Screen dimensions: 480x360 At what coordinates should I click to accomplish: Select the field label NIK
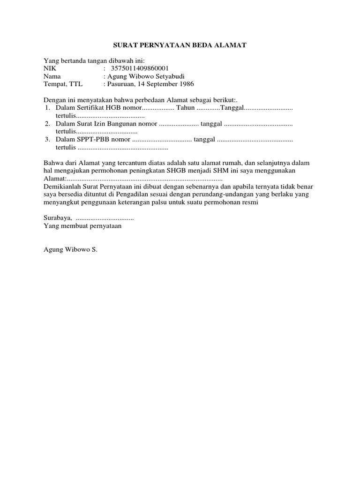pyautogui.click(x=49, y=68)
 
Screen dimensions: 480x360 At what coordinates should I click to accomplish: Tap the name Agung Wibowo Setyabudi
pyautogui.click(x=141, y=76)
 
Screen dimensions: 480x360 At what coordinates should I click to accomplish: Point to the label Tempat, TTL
pyautogui.click(x=62, y=84)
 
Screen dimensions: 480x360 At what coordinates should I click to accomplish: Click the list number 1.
pyautogui.click(x=47, y=108)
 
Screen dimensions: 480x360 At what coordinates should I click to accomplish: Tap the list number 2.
pyautogui.click(x=47, y=124)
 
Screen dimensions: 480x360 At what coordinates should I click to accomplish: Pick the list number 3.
pyautogui.click(x=47, y=140)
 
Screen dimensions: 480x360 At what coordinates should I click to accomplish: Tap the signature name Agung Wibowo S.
pyautogui.click(x=70, y=250)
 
